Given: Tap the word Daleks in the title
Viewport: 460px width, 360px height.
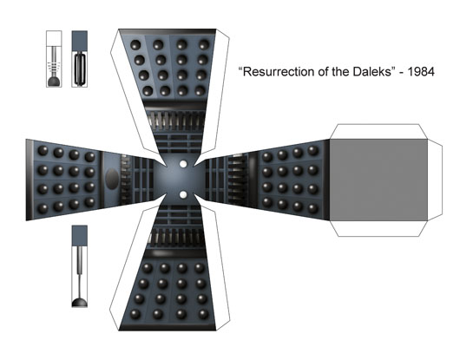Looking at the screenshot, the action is [x=371, y=71].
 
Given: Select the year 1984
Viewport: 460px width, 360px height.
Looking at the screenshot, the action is [x=421, y=71].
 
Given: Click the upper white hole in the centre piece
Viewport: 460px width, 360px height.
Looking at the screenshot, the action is [x=183, y=164].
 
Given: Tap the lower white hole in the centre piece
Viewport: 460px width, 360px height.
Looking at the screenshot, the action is [x=183, y=194].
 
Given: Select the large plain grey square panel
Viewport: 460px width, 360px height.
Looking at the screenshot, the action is [x=378, y=180].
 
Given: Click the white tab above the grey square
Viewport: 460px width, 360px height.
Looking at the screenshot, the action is [x=378, y=132].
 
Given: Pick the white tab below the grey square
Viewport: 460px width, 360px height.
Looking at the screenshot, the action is [x=378, y=228].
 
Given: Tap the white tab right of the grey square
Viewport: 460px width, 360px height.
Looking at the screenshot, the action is [x=435, y=180].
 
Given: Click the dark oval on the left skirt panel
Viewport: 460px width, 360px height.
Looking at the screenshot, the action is [x=112, y=179].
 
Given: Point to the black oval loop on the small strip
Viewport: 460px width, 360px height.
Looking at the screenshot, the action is [x=80, y=69].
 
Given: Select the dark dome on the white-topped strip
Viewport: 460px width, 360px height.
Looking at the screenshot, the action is [x=54, y=82].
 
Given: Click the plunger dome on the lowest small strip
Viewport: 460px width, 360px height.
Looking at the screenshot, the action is [x=80, y=302].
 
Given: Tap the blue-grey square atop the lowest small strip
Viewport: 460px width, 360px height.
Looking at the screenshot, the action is [x=80, y=236].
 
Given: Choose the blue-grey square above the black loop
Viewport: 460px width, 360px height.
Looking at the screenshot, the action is [x=80, y=41].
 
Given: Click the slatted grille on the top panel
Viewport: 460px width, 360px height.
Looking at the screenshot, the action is [x=175, y=121].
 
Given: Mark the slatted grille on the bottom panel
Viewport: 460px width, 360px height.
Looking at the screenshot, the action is [x=177, y=237].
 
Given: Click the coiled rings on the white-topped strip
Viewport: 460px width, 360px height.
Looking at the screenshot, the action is [x=54, y=67].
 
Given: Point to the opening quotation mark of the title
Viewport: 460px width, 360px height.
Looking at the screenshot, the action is [x=240, y=69].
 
